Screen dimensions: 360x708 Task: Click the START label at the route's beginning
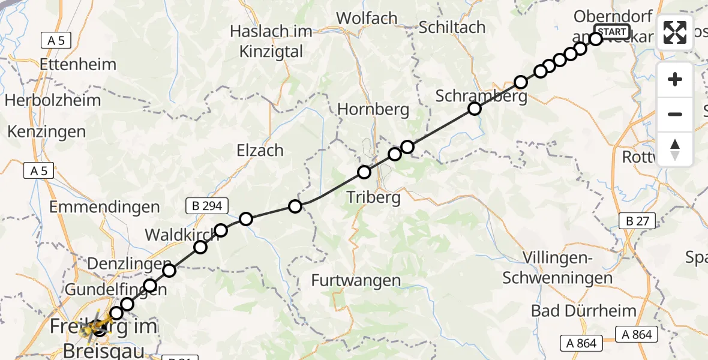[612, 32]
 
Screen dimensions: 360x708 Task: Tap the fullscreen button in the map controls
[675, 32]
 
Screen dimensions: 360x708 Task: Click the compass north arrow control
[675, 149]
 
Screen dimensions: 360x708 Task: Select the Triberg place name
[373, 198]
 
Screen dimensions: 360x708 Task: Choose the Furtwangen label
[356, 280]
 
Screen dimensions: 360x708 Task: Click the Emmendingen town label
[104, 208]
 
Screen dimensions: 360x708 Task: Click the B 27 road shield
[638, 221]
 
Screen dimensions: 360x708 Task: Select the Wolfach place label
[367, 18]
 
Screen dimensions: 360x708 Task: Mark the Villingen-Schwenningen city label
[558, 268]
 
